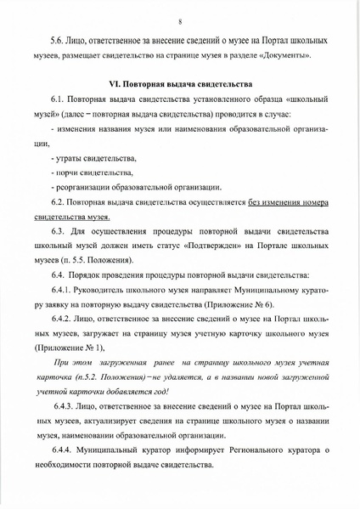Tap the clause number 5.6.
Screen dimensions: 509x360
click(x=60, y=41)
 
